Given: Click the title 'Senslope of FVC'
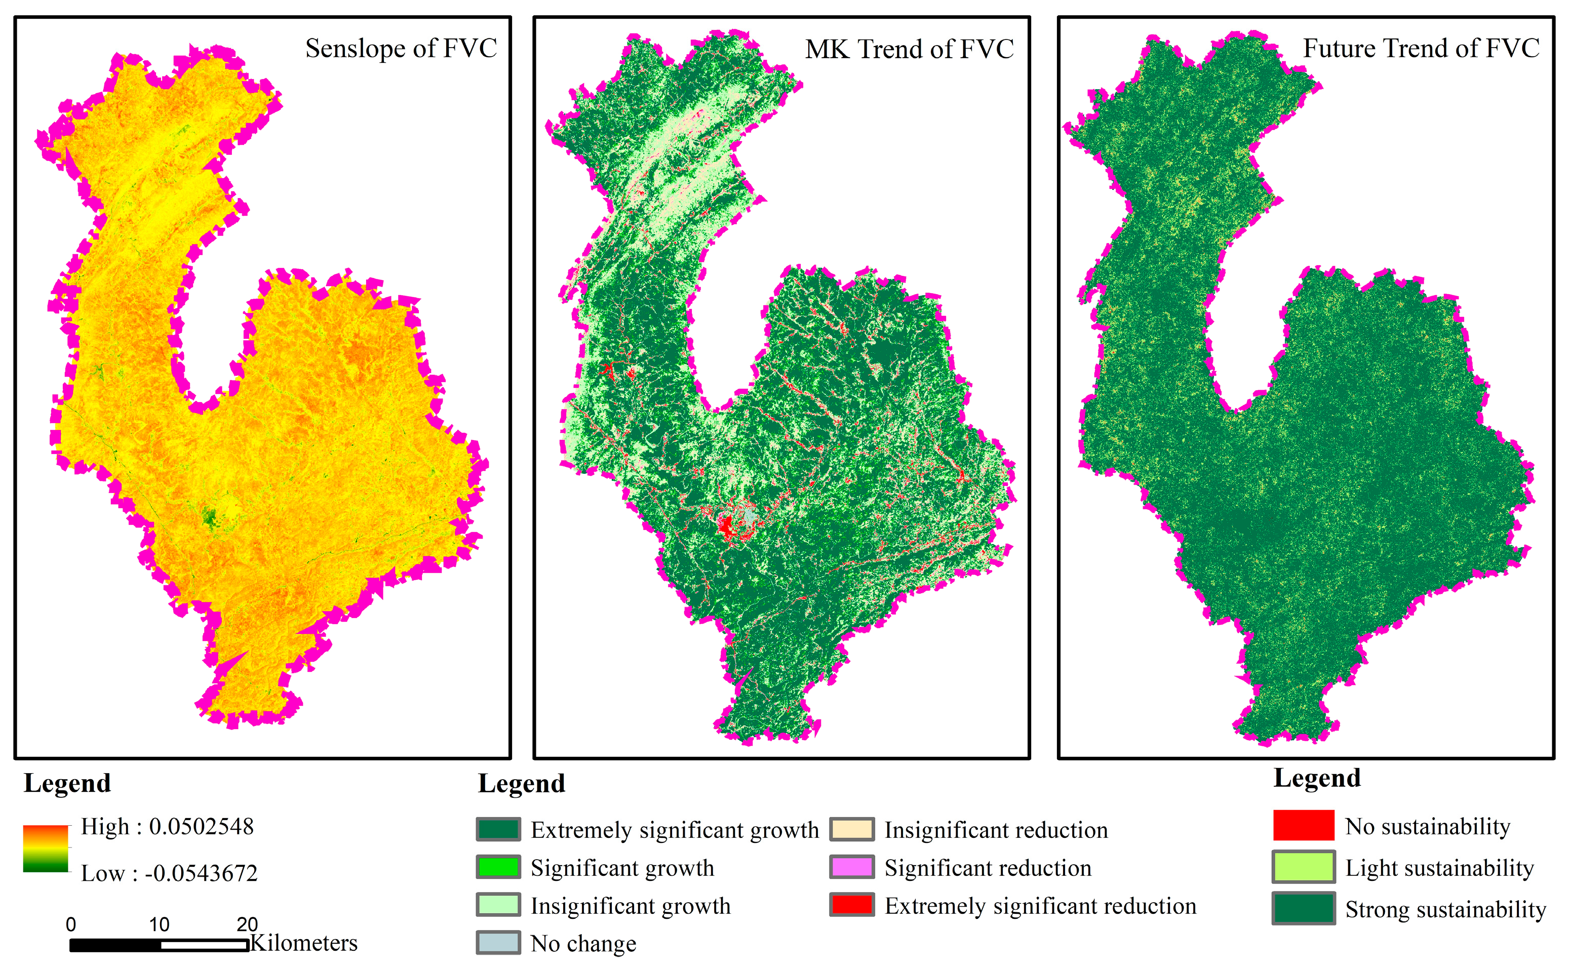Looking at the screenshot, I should click(401, 49).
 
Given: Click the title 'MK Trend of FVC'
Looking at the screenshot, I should click(909, 49).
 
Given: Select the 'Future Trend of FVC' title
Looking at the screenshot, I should click(1421, 49).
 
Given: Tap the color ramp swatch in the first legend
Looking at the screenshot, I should click(46, 849).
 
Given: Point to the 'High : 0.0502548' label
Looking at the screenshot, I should click(167, 827).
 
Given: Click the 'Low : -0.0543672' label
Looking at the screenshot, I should click(169, 873).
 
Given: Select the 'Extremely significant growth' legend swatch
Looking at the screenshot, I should click(498, 829).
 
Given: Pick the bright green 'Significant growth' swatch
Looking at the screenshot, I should click(498, 867).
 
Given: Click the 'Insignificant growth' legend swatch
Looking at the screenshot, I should click(498, 905).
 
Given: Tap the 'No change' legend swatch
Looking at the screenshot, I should click(498, 943).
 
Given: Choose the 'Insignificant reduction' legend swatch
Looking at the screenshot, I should click(851, 829).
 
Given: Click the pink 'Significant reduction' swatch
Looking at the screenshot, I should click(851, 867).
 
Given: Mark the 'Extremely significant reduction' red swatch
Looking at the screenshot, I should click(851, 905).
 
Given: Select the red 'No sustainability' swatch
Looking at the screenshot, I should click(1303, 825).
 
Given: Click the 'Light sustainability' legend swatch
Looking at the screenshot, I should click(1303, 867).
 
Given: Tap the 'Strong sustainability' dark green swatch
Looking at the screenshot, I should click(1303, 908).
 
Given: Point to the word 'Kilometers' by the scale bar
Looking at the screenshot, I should click(304, 943).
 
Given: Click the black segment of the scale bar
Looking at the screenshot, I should click(115, 945).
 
